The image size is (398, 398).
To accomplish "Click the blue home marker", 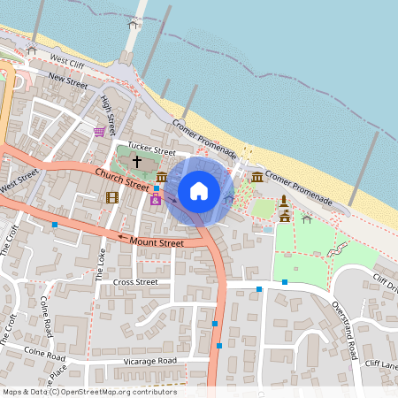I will pyautogui.click(x=199, y=190).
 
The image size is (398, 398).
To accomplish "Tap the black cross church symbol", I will pyautogui.click(x=137, y=162).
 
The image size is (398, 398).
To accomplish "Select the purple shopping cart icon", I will pyautogui.click(x=100, y=131).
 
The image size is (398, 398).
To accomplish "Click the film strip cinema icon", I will pyautogui.click(x=111, y=196).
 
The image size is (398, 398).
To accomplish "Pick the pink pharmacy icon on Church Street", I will pyautogui.click(x=156, y=200).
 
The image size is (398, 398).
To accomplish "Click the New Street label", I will pyautogui.click(x=68, y=80).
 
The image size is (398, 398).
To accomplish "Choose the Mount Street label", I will pyautogui.click(x=157, y=241).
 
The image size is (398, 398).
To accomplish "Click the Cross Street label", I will pyautogui.click(x=135, y=282).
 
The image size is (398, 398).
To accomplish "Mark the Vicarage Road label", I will pyautogui.click(x=149, y=361).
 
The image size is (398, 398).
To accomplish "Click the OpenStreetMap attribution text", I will pyautogui.click(x=89, y=392).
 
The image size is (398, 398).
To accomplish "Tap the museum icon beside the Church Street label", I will pyautogui.click(x=162, y=178).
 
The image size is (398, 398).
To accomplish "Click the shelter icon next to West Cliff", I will pyautogui.click(x=32, y=50).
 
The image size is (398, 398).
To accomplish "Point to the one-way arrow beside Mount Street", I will pyautogui.click(x=122, y=236).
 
